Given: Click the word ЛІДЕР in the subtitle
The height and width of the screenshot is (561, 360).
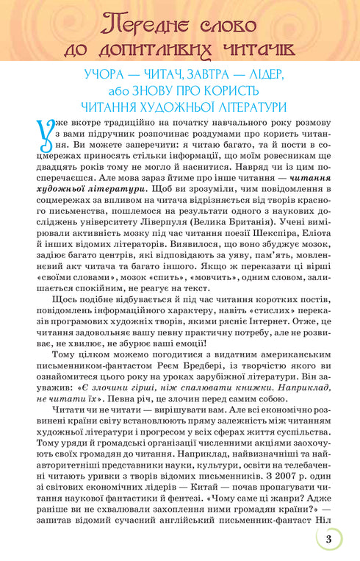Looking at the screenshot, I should pos(263,76).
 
